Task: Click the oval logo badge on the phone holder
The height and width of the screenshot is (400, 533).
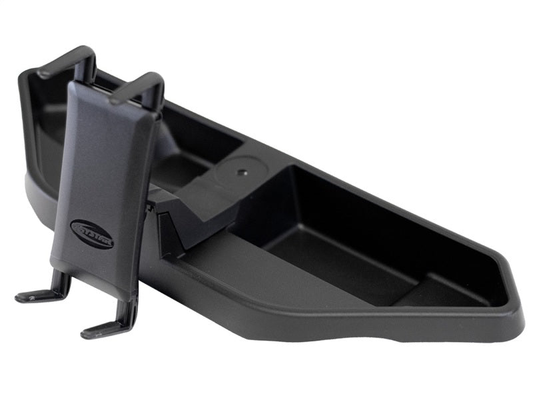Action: [92, 236]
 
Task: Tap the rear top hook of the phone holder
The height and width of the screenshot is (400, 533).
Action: [67, 60]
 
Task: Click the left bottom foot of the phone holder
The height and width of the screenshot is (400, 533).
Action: [40, 295]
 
